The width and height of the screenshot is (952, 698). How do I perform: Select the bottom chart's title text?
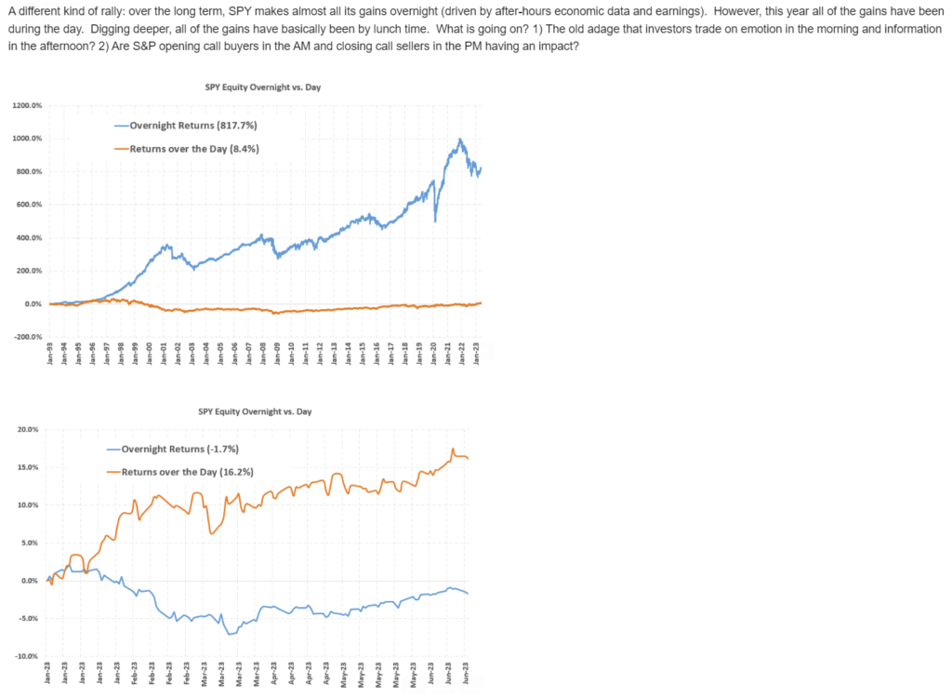pyautogui.click(x=255, y=411)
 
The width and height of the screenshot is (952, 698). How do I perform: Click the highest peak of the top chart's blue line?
pyautogui.click(x=459, y=140)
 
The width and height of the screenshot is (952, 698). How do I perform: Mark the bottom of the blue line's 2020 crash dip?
pyautogui.click(x=435, y=221)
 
